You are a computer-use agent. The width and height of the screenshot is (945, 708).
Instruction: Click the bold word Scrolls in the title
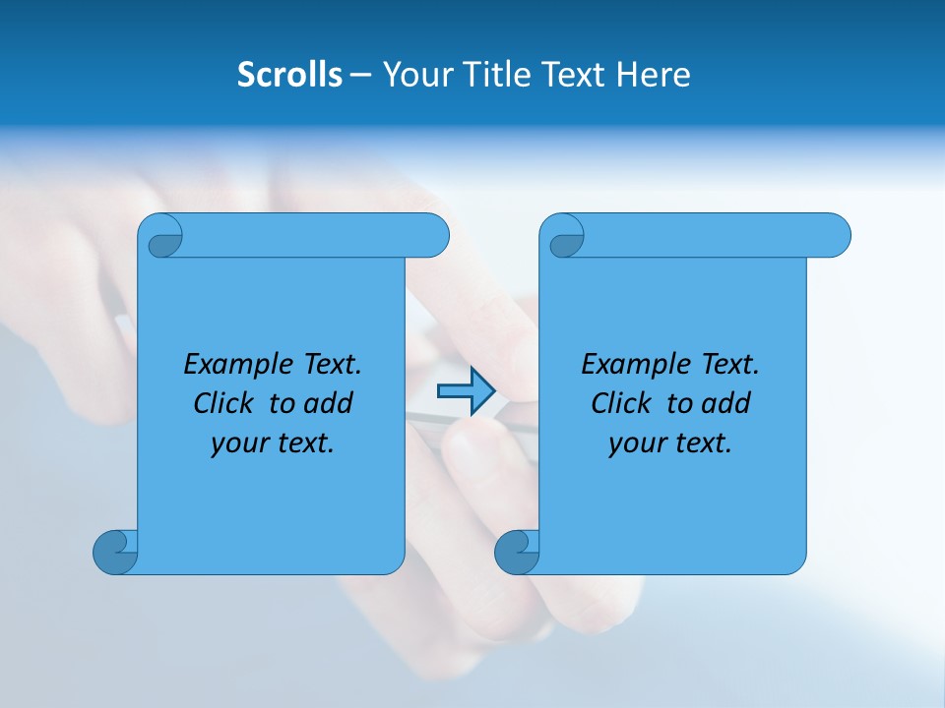pyautogui.click(x=290, y=75)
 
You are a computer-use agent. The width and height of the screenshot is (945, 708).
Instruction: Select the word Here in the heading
pyautogui.click(x=653, y=75)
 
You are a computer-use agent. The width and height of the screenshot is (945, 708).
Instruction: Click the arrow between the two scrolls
pyautogui.click(x=466, y=391)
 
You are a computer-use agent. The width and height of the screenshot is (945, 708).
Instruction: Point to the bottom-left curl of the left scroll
pyautogui.click(x=116, y=551)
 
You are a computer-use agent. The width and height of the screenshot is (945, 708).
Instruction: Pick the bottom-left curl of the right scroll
pyautogui.click(x=517, y=551)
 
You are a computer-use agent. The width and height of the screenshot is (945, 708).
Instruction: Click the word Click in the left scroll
pyautogui.click(x=226, y=403)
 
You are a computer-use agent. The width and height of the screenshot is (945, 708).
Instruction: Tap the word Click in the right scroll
pyautogui.click(x=622, y=403)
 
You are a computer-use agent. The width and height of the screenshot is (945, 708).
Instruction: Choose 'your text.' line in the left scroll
pyautogui.click(x=273, y=443)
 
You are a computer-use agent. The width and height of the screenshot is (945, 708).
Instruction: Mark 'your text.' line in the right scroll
pyautogui.click(x=670, y=443)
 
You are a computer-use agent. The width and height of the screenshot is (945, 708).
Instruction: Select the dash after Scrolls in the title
pyautogui.click(x=360, y=75)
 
